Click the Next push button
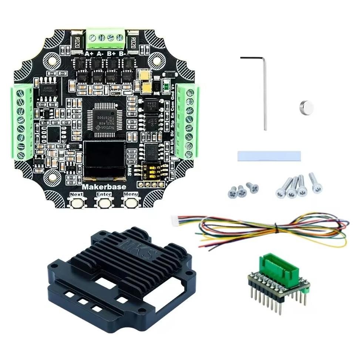[x=77, y=202]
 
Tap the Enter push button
[x=104, y=202]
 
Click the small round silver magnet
[x=306, y=107]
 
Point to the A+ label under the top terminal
[x=89, y=54]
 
